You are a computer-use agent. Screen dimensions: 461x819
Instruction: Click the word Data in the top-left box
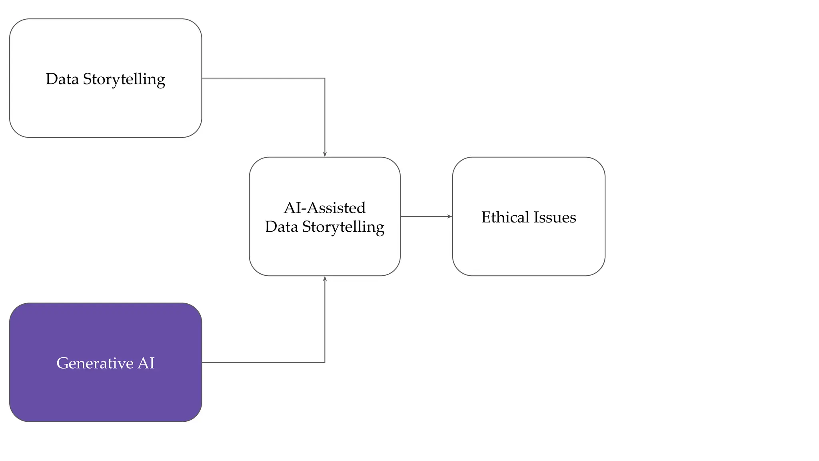[62, 79]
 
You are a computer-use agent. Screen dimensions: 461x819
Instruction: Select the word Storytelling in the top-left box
[124, 79]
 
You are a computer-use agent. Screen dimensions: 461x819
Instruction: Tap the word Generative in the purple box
[95, 363]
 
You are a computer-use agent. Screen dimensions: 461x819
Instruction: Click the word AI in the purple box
[146, 363]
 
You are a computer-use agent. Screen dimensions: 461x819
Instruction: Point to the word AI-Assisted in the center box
[325, 208]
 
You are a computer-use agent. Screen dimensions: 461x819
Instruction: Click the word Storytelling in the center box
[343, 227]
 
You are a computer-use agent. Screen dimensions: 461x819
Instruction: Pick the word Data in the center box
[282, 227]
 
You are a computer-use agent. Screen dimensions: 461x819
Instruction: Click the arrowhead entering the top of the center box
[325, 154]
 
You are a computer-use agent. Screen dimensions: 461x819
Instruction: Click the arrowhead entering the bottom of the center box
[325, 279]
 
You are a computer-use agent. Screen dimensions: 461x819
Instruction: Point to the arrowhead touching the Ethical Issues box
[449, 216]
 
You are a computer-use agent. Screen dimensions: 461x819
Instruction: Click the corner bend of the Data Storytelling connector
[325, 78]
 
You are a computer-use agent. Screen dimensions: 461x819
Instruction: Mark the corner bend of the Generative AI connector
[325, 362]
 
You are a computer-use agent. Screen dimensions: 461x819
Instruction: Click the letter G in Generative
[62, 363]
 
